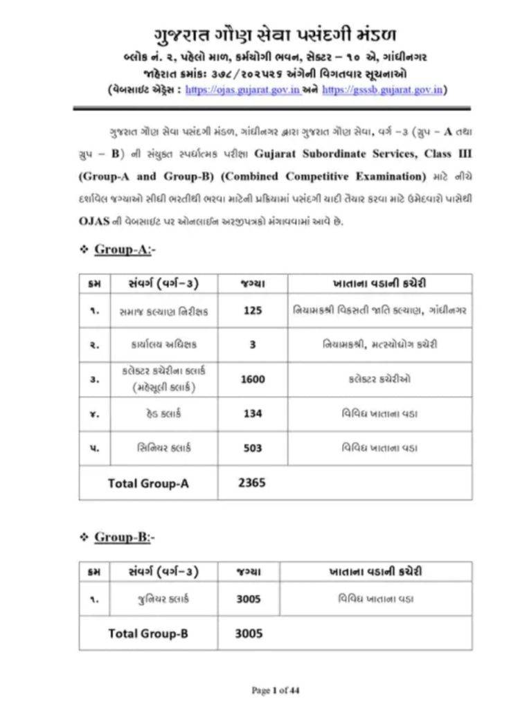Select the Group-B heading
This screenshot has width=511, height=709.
click(125, 537)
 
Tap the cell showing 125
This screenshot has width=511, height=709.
click(253, 311)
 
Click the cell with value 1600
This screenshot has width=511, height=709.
click(253, 379)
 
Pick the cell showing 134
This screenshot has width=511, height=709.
click(253, 413)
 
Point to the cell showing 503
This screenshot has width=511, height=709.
click(253, 448)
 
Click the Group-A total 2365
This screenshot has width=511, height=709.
click(252, 483)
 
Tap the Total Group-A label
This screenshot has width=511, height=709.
click(148, 483)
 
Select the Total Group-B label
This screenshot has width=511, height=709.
click(148, 633)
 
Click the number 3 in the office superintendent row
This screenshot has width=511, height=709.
click(253, 344)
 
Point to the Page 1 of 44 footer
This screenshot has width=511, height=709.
click(275, 690)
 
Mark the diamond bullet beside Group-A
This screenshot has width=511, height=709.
click(83, 250)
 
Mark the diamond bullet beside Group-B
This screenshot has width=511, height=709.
click(83, 537)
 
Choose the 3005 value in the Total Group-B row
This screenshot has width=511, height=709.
click(249, 633)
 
